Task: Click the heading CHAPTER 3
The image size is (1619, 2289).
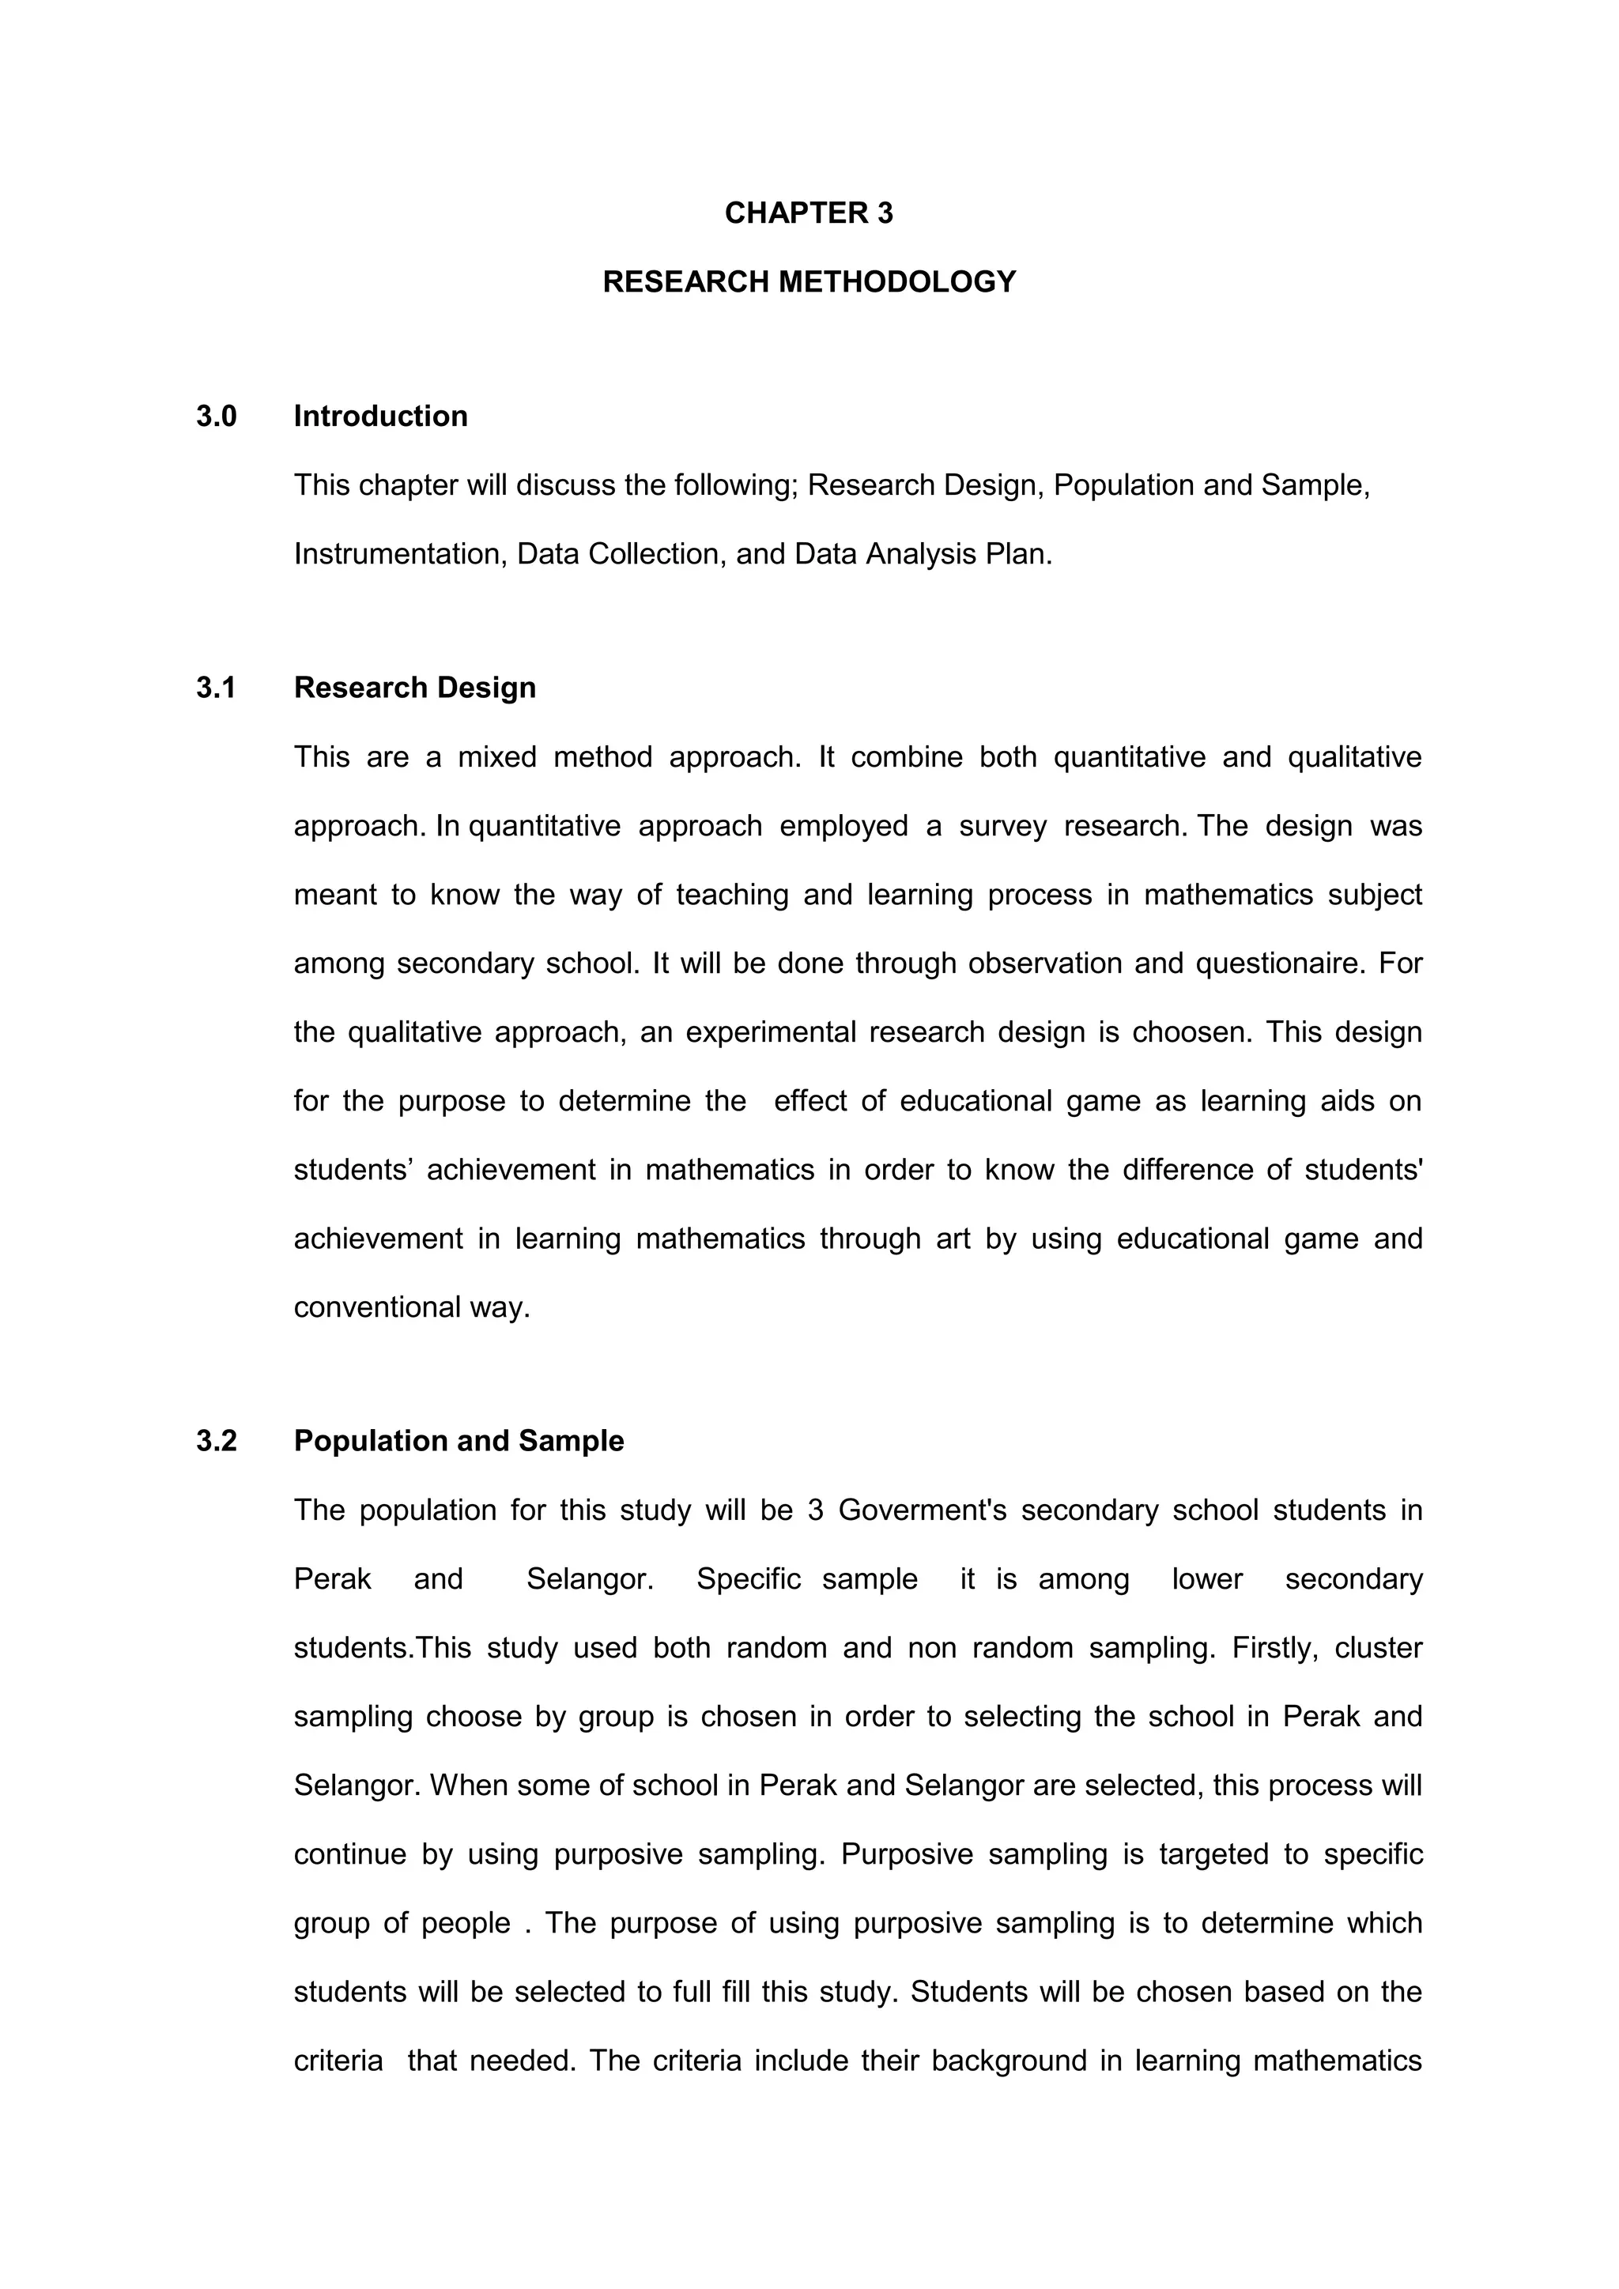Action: point(809,213)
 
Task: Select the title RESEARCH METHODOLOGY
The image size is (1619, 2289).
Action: point(809,282)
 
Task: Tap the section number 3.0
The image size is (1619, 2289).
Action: point(217,417)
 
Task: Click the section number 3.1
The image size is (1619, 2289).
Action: point(217,688)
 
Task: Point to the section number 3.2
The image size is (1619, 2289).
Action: point(217,1442)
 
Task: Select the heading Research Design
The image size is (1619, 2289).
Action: point(415,688)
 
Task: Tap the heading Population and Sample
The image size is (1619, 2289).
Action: point(459,1442)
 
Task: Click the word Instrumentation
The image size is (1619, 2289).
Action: point(397,554)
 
